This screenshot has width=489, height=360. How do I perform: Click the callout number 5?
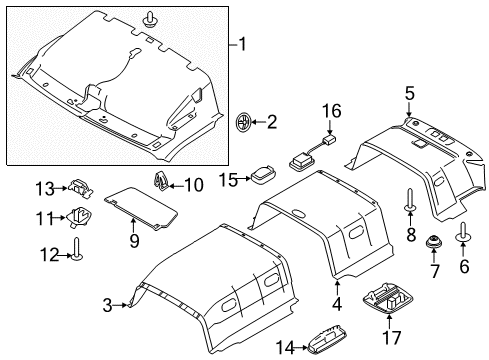pos(409,95)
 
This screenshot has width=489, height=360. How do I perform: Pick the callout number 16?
pos(331,109)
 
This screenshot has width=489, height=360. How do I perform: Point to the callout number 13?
pos(43,187)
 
